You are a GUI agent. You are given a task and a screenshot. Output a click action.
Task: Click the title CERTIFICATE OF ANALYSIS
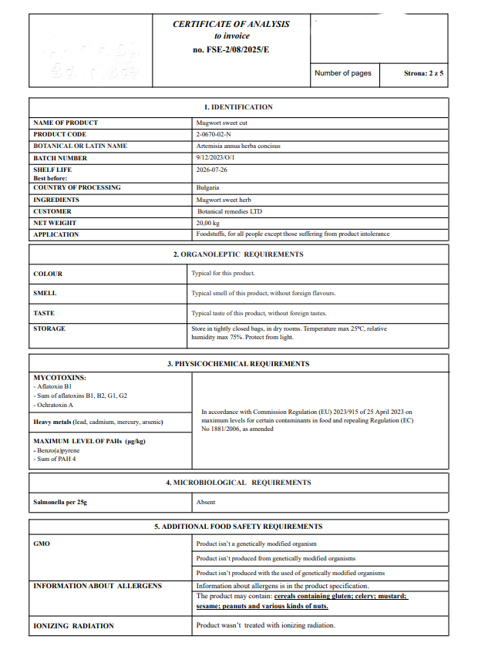231,24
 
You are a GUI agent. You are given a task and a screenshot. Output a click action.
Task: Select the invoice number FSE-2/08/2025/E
231,49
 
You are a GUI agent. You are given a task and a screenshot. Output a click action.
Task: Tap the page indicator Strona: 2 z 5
423,73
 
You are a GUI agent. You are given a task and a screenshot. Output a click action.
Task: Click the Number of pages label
343,73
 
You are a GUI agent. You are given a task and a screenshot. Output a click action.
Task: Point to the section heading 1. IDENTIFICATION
237,107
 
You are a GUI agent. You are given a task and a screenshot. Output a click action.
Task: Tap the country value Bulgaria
208,187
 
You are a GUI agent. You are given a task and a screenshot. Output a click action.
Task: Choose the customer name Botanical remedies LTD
230,210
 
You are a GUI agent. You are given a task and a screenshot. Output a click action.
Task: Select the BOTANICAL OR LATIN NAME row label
80,146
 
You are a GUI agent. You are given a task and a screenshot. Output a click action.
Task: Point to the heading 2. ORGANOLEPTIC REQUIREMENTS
237,254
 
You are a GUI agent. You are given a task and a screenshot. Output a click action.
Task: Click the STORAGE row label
49,328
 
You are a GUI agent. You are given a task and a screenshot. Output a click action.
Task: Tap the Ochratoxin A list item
54,405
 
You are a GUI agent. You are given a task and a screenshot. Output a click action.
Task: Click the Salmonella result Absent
206,502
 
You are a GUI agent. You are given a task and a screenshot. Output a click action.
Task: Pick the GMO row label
42,544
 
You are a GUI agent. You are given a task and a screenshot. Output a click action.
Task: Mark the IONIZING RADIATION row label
73,625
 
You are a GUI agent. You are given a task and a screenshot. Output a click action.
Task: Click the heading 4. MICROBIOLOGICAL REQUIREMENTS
237,483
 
